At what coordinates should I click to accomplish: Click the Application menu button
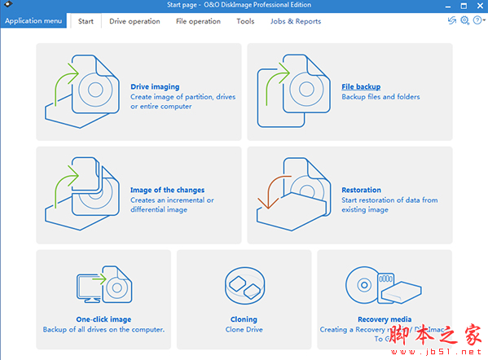coord(34,21)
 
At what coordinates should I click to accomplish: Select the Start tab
coord(86,21)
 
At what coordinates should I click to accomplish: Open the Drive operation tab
coord(134,21)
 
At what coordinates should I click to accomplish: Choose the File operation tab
coord(198,21)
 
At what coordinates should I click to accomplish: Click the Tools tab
coord(245,21)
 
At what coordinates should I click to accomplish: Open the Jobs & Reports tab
coord(296,21)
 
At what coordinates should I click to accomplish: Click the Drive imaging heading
coord(155,86)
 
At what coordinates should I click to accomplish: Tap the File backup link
coord(361,86)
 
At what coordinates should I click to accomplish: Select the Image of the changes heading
coord(167,190)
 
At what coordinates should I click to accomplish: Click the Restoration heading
coord(361,190)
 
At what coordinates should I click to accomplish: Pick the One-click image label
coord(103,319)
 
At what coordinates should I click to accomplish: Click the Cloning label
coord(244,319)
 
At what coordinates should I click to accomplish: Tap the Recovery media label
coord(384,319)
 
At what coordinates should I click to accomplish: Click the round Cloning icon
coord(244,286)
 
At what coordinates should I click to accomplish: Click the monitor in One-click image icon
coord(87,287)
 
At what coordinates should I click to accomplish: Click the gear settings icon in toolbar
coord(464,21)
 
